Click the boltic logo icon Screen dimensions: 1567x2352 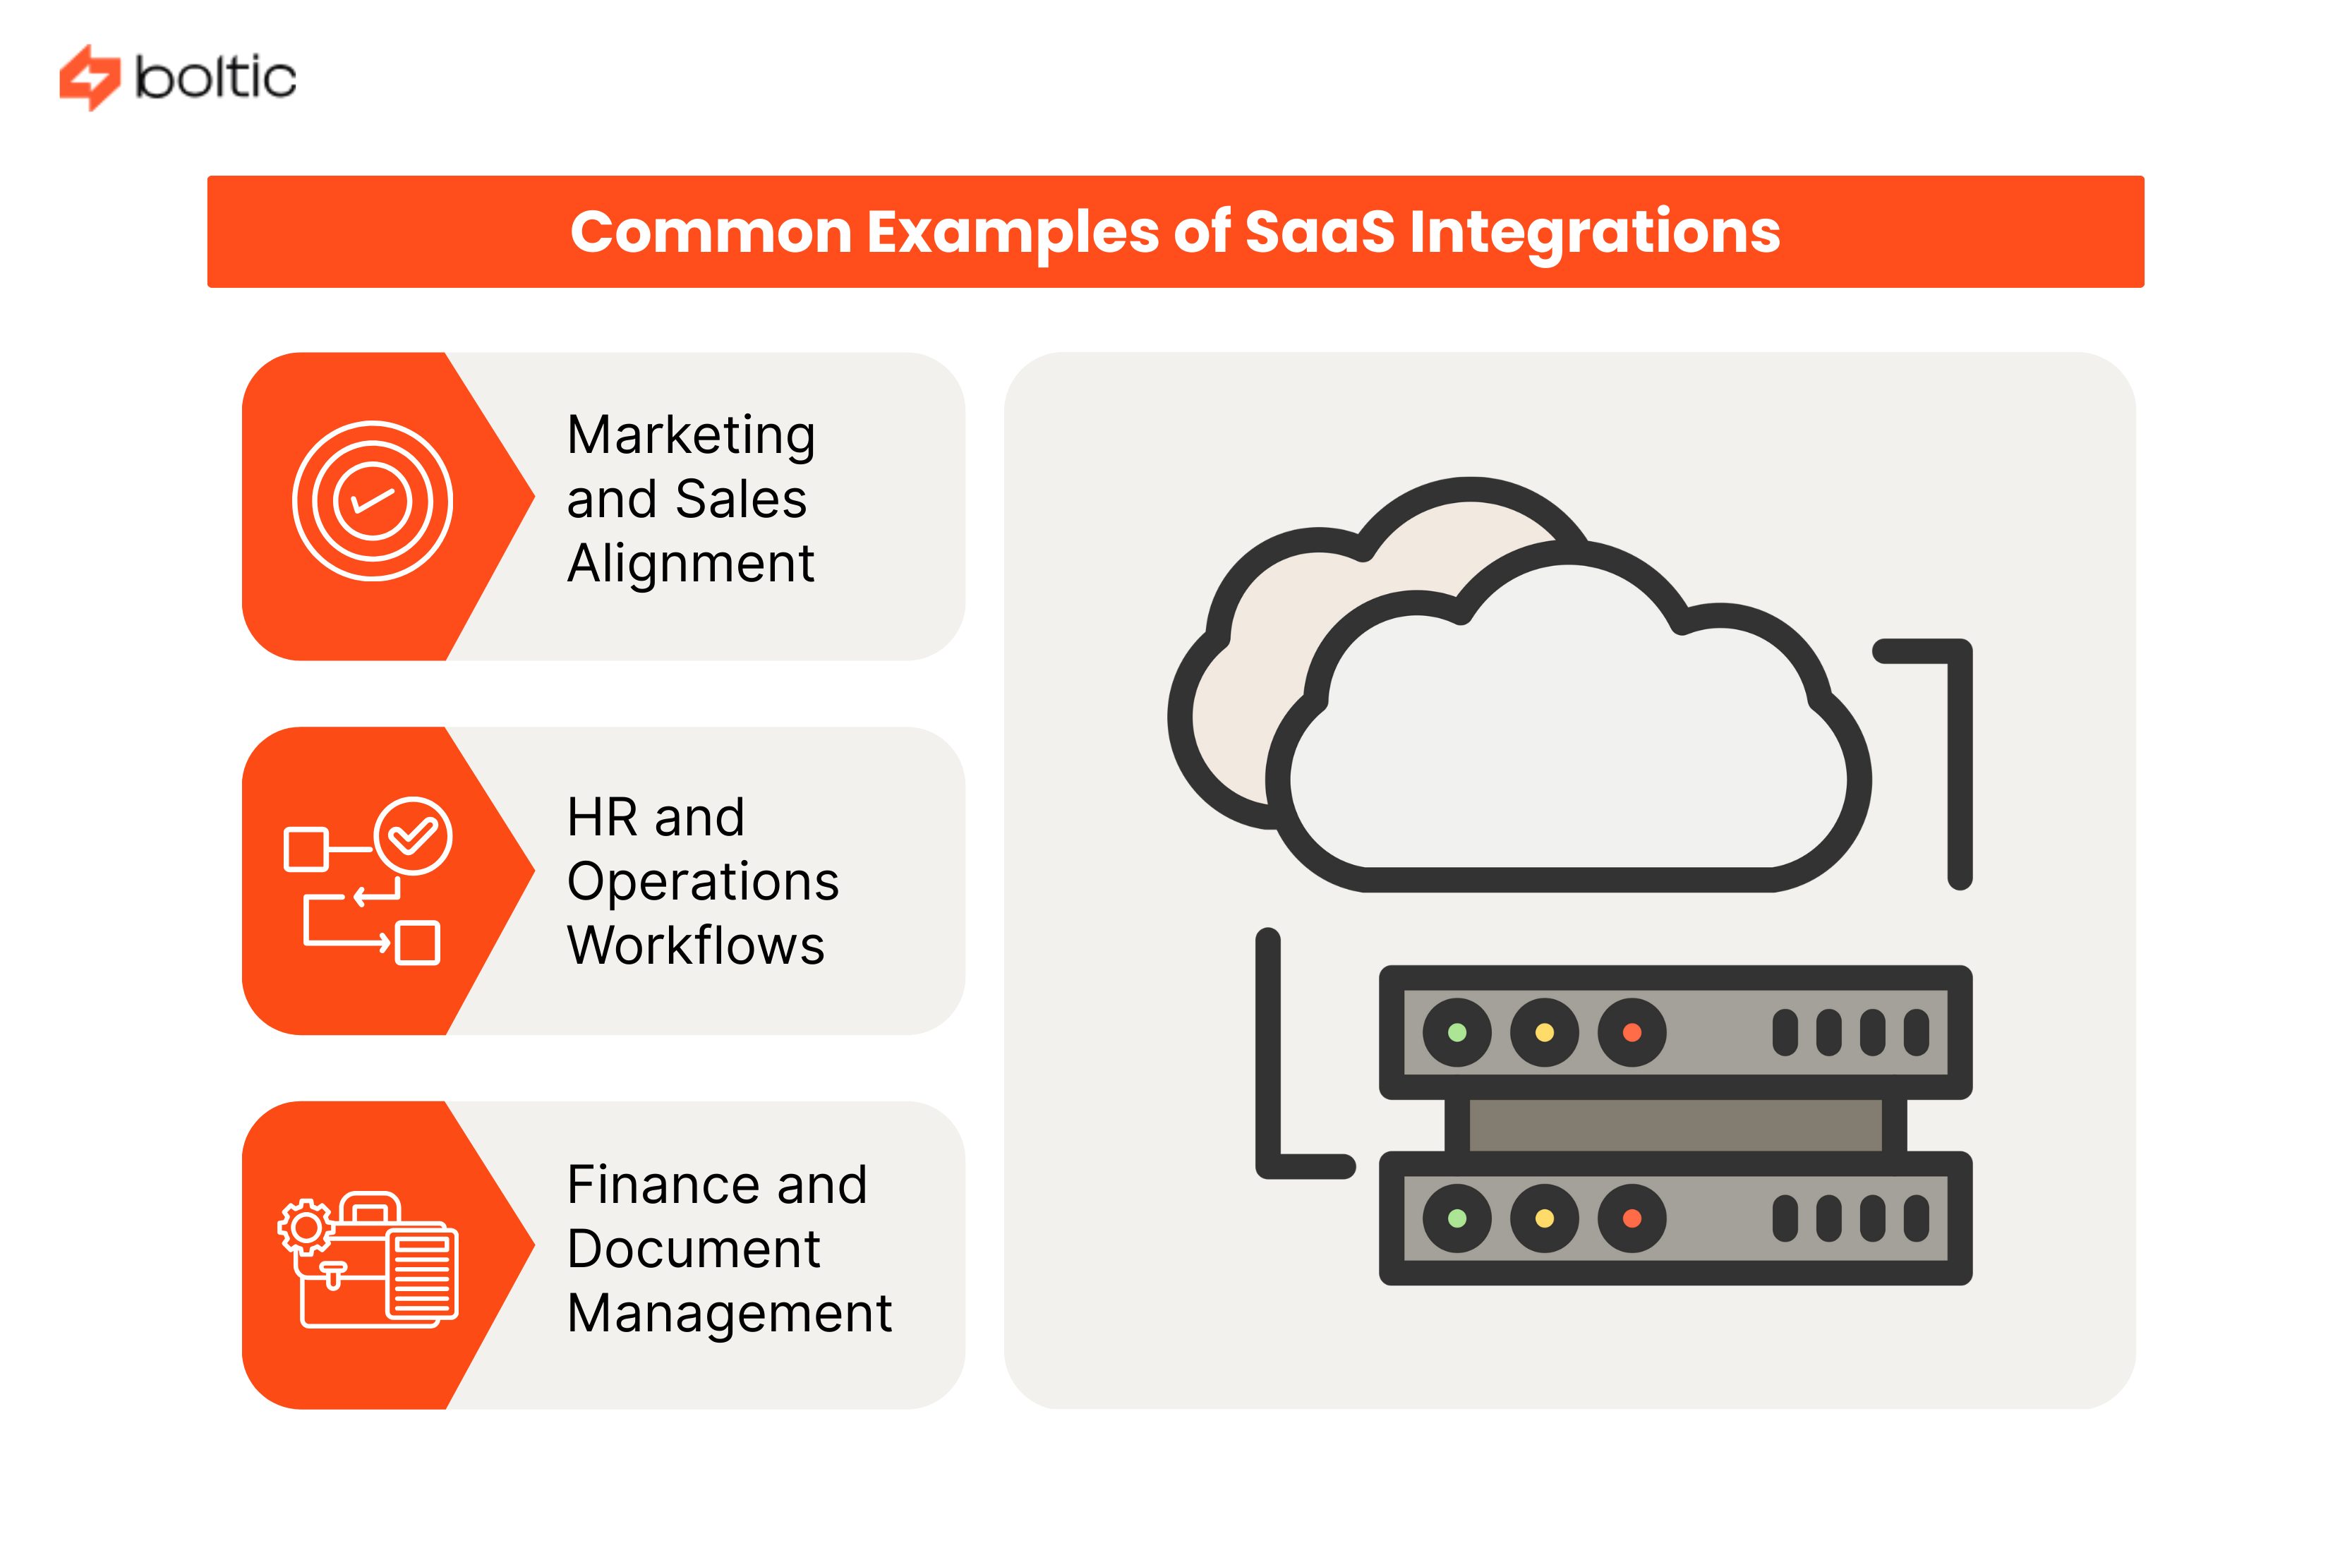[x=89, y=77]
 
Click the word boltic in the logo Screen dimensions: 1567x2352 [x=215, y=77]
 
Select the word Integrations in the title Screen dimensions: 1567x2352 [x=1593, y=232]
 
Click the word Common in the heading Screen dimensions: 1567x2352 [x=710, y=232]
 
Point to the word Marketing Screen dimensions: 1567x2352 [x=691, y=436]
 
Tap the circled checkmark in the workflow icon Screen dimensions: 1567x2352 [x=412, y=835]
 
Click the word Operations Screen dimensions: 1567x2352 [x=701, y=881]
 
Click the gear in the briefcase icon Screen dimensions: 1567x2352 [x=306, y=1226]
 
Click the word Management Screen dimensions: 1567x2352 [x=729, y=1313]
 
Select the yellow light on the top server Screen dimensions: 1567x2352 [x=1543, y=1031]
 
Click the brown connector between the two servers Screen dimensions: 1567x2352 [x=1675, y=1125]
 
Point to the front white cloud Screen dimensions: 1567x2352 [x=1569, y=760]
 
